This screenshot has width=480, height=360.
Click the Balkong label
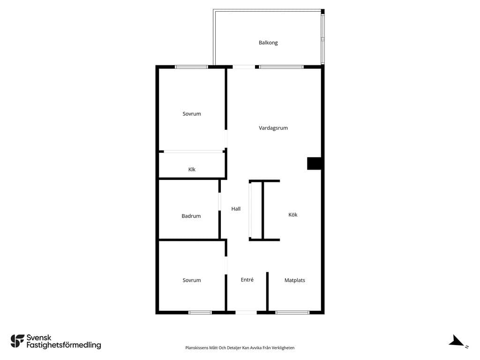click(268, 43)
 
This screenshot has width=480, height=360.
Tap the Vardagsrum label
click(273, 128)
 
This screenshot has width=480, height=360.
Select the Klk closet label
click(192, 169)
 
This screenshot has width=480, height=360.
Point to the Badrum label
click(191, 216)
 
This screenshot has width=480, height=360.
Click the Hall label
click(236, 209)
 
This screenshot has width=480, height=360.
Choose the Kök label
click(292, 215)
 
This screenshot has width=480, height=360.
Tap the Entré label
click(247, 279)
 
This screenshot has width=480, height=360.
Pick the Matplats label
click(294, 280)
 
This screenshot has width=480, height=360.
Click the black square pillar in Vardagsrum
click(314, 163)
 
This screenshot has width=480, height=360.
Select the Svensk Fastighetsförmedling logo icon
click(17, 341)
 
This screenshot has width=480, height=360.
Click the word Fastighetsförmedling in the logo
click(64, 345)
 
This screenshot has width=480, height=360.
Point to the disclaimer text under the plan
click(240, 348)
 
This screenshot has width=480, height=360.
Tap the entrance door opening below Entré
click(246, 313)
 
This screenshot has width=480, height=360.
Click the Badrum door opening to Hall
click(219, 202)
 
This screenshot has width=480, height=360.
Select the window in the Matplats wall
click(292, 313)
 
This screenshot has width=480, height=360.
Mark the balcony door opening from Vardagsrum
click(244, 67)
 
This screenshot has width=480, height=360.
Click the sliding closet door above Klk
click(193, 151)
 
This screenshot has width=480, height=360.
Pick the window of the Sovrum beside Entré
click(200, 313)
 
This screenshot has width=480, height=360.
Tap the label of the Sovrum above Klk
click(192, 114)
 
